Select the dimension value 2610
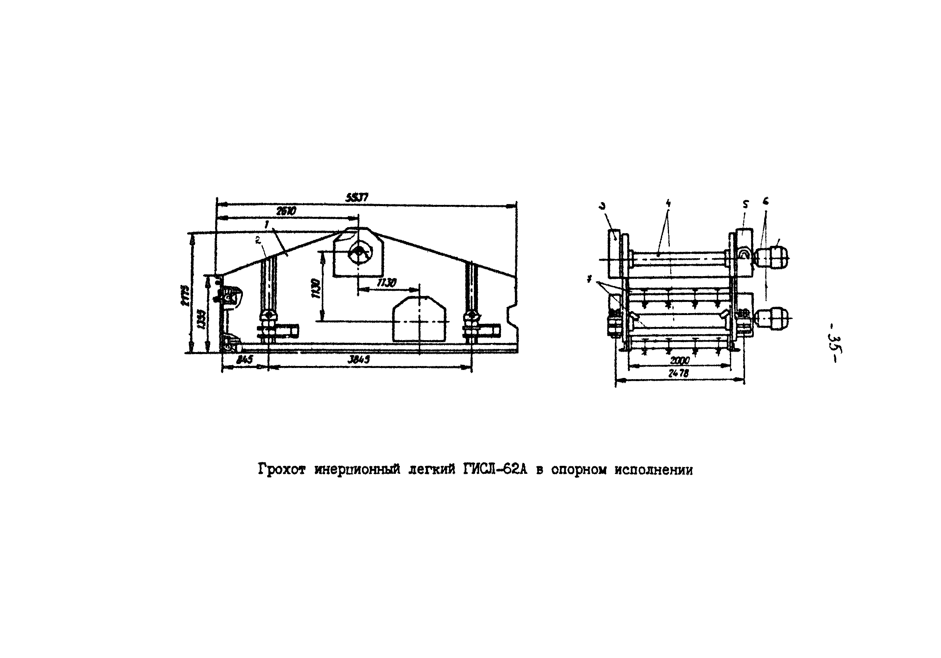[286, 211]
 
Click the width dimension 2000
[680, 361]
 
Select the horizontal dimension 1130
[387, 283]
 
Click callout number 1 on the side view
[267, 224]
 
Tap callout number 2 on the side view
[258, 241]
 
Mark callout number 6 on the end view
[765, 201]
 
